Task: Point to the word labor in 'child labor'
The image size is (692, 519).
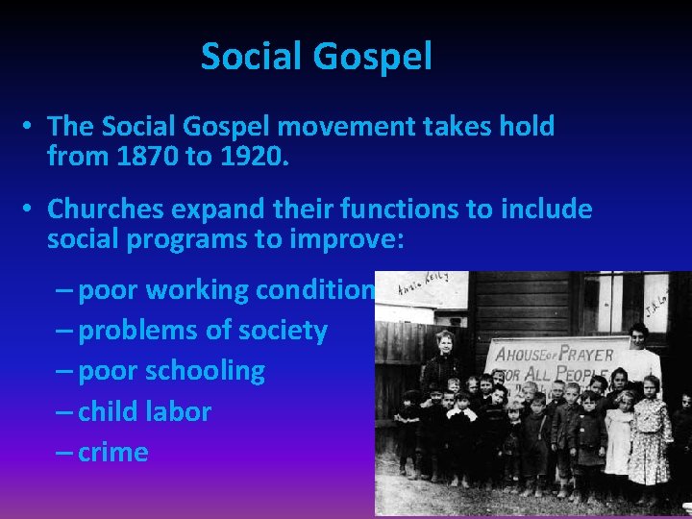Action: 183,411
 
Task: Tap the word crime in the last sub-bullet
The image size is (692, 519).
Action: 113,452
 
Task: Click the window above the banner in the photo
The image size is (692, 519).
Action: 629,301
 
